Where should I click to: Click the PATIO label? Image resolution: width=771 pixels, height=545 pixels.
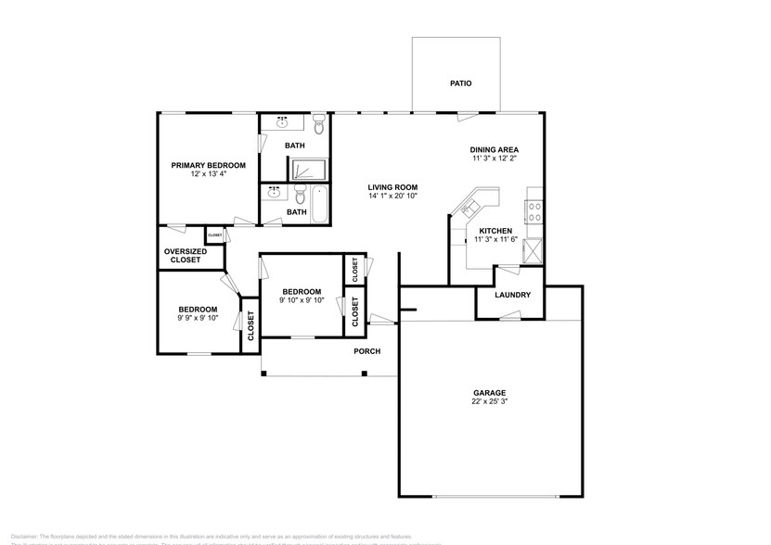pyautogui.click(x=461, y=83)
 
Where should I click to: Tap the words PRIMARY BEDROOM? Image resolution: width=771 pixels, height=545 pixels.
pyautogui.click(x=208, y=165)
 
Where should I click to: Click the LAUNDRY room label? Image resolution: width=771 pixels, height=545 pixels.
pyautogui.click(x=512, y=296)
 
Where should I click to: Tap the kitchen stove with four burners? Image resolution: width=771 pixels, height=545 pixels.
pyautogui.click(x=535, y=212)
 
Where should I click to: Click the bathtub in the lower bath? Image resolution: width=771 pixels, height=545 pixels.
pyautogui.click(x=320, y=205)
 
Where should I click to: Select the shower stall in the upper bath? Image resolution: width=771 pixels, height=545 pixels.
pyautogui.click(x=308, y=169)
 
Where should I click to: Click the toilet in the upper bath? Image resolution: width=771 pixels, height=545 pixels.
pyautogui.click(x=318, y=123)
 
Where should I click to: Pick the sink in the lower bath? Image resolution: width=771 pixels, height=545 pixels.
pyautogui.click(x=274, y=193)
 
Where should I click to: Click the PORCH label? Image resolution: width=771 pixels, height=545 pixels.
pyautogui.click(x=367, y=351)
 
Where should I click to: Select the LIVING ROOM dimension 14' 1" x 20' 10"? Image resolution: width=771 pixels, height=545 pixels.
pyautogui.click(x=392, y=196)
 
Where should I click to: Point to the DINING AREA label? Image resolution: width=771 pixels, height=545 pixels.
pyautogui.click(x=494, y=149)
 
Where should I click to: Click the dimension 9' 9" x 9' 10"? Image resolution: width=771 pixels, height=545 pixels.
pyautogui.click(x=198, y=318)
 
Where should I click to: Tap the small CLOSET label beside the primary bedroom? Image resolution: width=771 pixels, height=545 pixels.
pyautogui.click(x=215, y=235)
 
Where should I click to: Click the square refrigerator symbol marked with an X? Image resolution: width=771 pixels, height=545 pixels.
pyautogui.click(x=533, y=250)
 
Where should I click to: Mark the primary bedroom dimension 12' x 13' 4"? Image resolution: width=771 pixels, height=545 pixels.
pyautogui.click(x=208, y=174)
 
